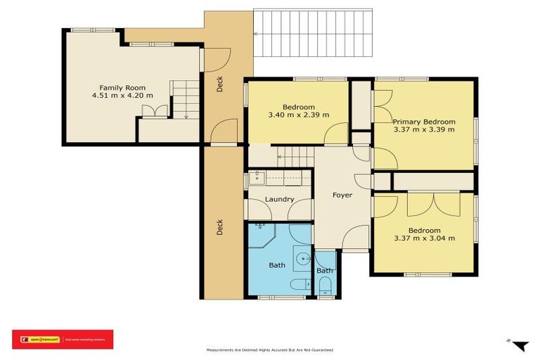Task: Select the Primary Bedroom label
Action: [x=423, y=122]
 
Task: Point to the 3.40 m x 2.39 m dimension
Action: [x=298, y=115]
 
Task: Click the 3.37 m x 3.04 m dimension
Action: [x=424, y=238]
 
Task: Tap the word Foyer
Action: [x=342, y=195]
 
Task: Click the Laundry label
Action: [x=279, y=200]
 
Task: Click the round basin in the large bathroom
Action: [x=303, y=258]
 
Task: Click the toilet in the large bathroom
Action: [x=299, y=284]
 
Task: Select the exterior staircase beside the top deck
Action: [x=311, y=34]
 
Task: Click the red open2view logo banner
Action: [x=63, y=339]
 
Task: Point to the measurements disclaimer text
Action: [x=269, y=349]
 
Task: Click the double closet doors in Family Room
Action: [x=153, y=112]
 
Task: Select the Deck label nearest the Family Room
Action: [x=219, y=85]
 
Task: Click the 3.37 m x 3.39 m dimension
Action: [x=424, y=129]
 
